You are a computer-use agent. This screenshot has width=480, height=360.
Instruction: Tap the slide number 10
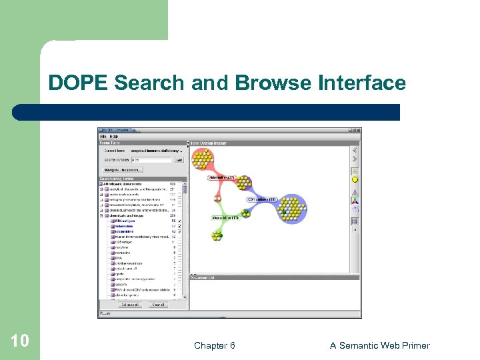(20, 341)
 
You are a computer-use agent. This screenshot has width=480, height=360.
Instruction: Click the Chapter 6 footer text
(214, 345)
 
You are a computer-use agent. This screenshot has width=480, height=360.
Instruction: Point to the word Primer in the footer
(413, 345)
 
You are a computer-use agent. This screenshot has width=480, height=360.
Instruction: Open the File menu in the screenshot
(104, 137)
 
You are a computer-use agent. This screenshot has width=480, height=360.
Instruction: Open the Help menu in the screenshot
(114, 137)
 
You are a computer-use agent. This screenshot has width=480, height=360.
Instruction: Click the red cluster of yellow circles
(203, 159)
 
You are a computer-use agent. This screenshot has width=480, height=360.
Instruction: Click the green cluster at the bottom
(216, 234)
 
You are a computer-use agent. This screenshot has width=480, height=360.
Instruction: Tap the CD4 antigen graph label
(261, 199)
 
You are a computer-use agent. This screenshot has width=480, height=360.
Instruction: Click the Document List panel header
(203, 277)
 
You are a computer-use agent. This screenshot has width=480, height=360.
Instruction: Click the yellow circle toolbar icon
(355, 179)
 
